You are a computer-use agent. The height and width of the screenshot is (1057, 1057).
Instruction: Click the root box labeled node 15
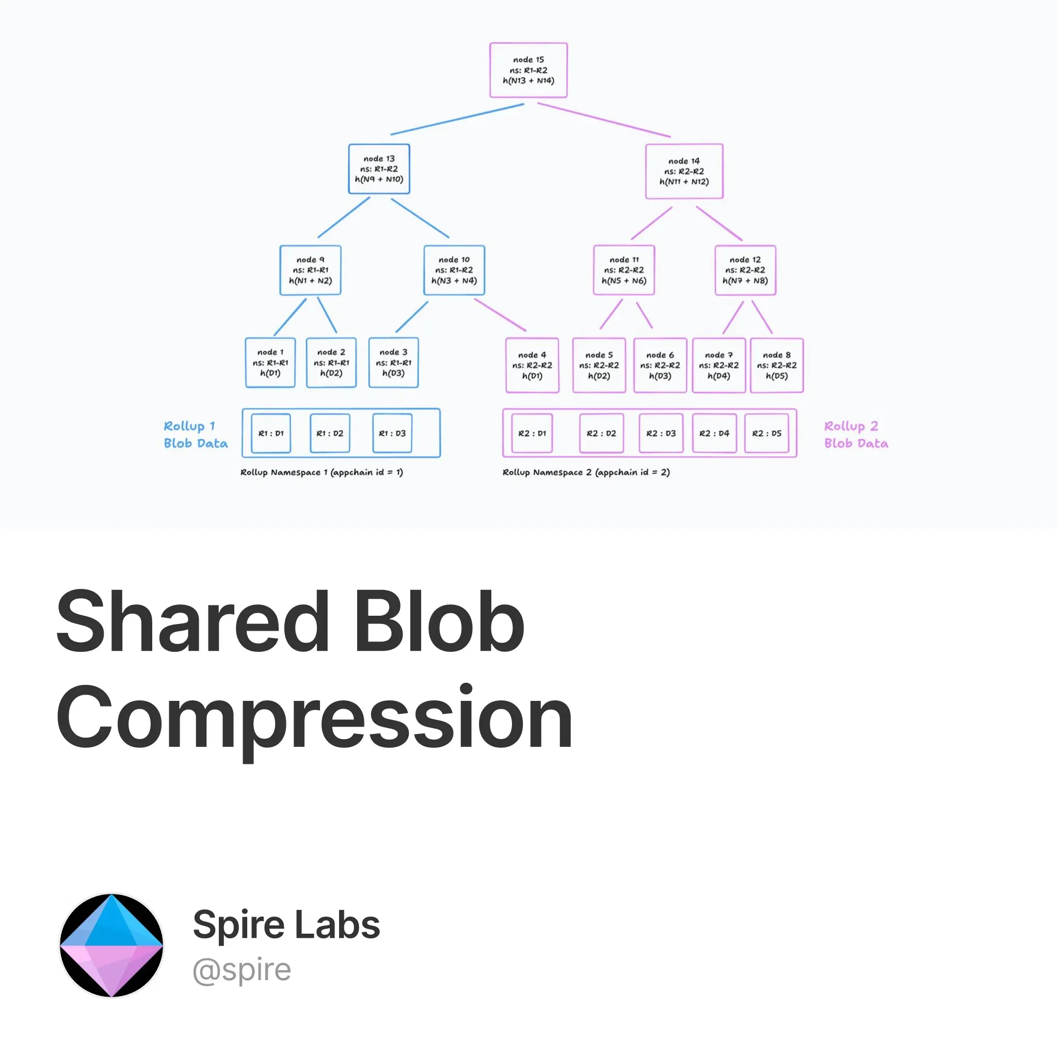(x=528, y=70)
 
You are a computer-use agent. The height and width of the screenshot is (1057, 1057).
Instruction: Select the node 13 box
(x=379, y=168)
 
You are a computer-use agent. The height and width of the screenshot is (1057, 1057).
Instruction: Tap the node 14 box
(x=684, y=171)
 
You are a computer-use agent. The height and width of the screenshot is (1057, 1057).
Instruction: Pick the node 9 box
(x=310, y=270)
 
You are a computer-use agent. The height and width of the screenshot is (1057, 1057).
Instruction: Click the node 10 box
(x=454, y=270)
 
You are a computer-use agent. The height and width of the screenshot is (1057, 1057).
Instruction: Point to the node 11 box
(x=623, y=270)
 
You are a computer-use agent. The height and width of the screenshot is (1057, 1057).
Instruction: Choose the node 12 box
(x=745, y=270)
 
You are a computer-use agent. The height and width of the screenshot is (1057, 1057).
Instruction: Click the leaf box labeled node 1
(x=270, y=363)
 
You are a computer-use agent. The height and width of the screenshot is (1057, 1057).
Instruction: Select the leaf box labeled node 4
(x=532, y=365)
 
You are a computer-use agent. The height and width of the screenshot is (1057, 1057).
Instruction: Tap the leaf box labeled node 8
(x=776, y=365)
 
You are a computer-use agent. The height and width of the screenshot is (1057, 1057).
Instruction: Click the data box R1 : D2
(x=330, y=434)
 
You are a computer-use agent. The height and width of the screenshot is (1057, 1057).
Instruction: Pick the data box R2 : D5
(x=766, y=434)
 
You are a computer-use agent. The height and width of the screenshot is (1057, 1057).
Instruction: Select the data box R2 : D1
(x=532, y=434)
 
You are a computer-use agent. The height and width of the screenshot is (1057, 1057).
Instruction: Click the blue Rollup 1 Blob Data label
(x=195, y=435)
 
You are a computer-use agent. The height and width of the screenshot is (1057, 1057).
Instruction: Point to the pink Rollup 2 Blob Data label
(x=856, y=435)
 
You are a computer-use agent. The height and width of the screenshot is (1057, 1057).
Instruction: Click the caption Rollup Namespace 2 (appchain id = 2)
(x=586, y=472)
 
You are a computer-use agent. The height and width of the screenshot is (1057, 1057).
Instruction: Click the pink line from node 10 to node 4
(x=500, y=315)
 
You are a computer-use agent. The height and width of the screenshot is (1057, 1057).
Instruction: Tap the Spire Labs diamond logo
(x=111, y=945)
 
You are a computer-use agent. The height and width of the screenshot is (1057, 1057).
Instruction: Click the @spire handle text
(x=242, y=970)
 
